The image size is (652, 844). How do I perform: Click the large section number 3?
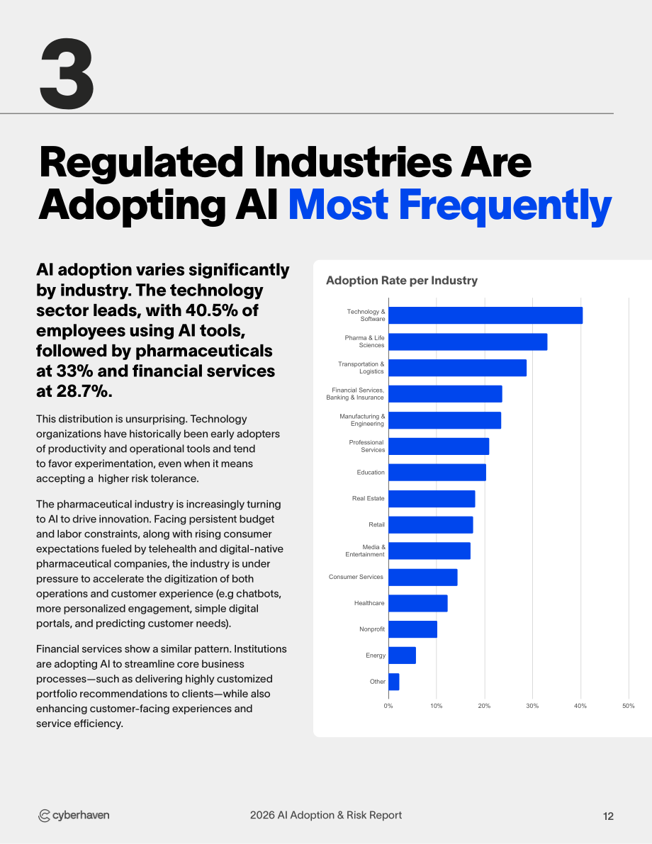(67, 74)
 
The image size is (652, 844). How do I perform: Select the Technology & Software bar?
(485, 315)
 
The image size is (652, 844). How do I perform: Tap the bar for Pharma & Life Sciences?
(468, 342)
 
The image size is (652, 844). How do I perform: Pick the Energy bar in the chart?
(402, 655)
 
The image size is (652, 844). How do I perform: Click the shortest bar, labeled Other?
(394, 682)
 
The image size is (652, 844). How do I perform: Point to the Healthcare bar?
(418, 603)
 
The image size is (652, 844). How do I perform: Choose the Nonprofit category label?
(372, 629)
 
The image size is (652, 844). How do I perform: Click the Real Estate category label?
(369, 498)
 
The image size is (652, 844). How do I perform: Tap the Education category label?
(371, 473)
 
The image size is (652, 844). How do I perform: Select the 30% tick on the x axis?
(532, 706)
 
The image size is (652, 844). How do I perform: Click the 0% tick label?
(388, 706)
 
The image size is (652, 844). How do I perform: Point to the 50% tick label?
(629, 706)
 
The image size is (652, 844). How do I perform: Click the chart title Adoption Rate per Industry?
(402, 281)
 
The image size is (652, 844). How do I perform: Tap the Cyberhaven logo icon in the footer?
(44, 816)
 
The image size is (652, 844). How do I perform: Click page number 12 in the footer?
(608, 816)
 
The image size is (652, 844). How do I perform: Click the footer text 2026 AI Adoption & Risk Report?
(326, 815)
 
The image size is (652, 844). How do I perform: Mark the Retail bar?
(431, 525)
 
